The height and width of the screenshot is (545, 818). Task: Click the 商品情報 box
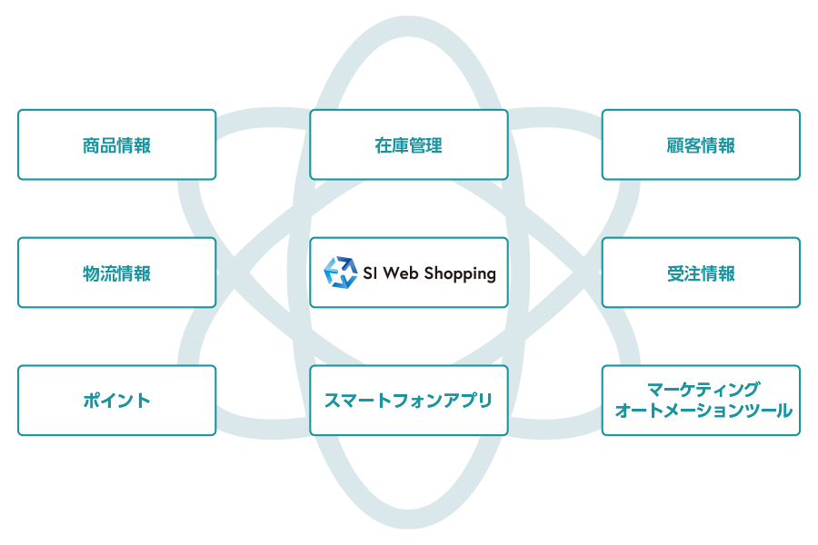pyautogui.click(x=116, y=145)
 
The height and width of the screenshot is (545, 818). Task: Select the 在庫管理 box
pyautogui.click(x=409, y=145)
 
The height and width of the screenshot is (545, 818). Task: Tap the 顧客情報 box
pyautogui.click(x=701, y=145)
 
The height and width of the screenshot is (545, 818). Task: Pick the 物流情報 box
pyautogui.click(x=116, y=273)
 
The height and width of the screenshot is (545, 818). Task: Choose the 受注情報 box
pyautogui.click(x=701, y=273)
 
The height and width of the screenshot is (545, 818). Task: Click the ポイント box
pyautogui.click(x=116, y=401)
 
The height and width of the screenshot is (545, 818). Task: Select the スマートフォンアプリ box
pyautogui.click(x=409, y=401)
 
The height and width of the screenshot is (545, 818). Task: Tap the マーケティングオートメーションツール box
pyautogui.click(x=701, y=401)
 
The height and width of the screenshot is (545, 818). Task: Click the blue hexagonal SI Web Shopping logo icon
pyautogui.click(x=341, y=272)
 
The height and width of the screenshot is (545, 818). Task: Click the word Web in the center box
pyautogui.click(x=402, y=272)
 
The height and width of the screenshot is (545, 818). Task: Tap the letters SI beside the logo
pyautogui.click(x=370, y=272)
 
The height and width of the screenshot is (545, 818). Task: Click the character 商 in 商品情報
pyautogui.click(x=91, y=145)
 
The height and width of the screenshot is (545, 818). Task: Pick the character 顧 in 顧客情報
pyautogui.click(x=675, y=145)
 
